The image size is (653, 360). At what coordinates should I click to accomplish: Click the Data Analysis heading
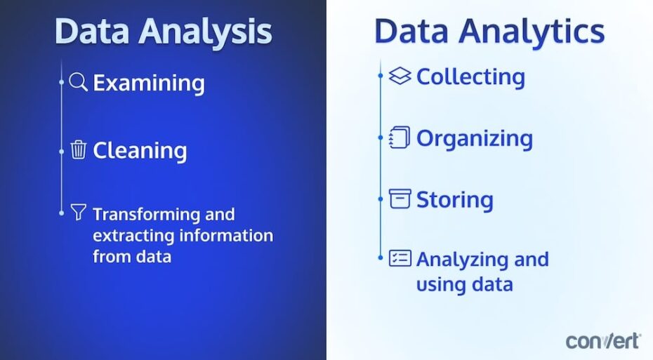(x=163, y=32)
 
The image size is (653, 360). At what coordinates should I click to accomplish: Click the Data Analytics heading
(x=489, y=32)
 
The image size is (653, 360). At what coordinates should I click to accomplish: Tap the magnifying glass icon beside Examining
(x=79, y=82)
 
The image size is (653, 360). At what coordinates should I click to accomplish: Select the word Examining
(x=149, y=83)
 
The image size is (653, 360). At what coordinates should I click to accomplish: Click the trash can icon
(x=79, y=149)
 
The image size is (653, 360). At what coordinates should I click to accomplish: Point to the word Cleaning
(x=140, y=150)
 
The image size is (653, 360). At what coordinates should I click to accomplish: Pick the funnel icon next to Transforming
(x=78, y=212)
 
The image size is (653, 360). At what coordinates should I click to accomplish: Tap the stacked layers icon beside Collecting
(x=400, y=76)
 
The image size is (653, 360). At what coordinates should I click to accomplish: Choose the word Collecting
(x=470, y=76)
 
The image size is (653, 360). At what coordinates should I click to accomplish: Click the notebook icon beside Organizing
(x=400, y=138)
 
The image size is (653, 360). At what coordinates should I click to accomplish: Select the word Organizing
(x=475, y=138)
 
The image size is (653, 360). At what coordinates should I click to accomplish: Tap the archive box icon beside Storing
(x=400, y=199)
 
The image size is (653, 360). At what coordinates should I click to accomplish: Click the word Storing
(x=455, y=199)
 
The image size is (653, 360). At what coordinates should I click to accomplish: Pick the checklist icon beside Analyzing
(x=400, y=258)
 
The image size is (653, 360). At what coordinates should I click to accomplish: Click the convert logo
(x=603, y=340)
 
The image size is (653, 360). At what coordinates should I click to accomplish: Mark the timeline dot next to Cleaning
(x=62, y=149)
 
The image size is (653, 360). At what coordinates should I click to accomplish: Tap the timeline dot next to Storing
(x=381, y=199)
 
